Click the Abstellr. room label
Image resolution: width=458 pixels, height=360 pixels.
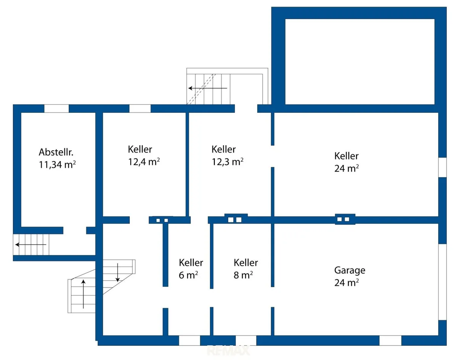coord(56,152)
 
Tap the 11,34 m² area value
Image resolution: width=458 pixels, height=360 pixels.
coord(57,165)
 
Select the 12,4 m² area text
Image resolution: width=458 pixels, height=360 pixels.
coord(144,162)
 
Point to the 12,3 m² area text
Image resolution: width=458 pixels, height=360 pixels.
coord(227,162)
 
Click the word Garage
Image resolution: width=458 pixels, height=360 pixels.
coord(350,270)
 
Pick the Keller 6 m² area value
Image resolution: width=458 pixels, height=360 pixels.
coord(188,275)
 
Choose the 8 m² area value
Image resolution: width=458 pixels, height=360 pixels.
coord(243,275)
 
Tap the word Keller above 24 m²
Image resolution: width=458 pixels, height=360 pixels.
coord(346,156)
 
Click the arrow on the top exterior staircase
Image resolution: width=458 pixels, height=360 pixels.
coord(208,88)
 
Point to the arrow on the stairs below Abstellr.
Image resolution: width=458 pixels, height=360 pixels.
coord(31,245)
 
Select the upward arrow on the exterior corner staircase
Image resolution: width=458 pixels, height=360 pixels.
coord(84,294)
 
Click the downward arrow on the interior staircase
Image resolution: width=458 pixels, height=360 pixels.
coord(118,273)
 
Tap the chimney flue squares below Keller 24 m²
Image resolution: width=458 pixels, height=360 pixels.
coord(343,219)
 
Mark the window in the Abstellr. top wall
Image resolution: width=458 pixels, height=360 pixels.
coord(56,108)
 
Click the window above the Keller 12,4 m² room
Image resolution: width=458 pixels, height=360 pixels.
coord(140,108)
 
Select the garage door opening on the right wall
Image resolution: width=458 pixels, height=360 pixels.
coord(442,282)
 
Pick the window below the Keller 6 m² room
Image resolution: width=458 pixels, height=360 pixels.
coord(189,341)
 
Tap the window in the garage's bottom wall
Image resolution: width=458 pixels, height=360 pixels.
coord(390,341)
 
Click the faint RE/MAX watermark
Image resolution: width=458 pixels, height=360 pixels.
coord(228,350)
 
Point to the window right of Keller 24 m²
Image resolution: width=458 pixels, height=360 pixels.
coord(442,167)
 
